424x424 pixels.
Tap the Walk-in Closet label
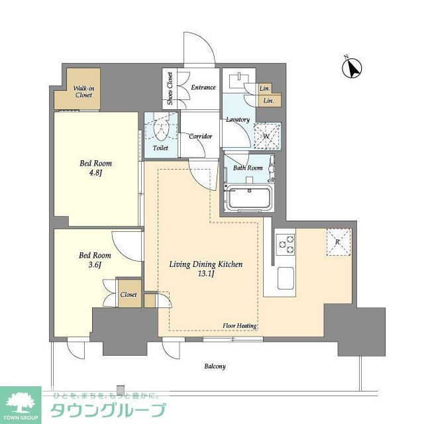(83, 91)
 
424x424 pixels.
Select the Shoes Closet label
(170, 89)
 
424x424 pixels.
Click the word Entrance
(203, 87)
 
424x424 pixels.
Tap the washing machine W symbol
(267, 136)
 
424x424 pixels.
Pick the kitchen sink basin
(286, 276)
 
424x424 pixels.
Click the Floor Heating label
(240, 326)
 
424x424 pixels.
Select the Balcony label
(215, 366)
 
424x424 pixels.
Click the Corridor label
(200, 136)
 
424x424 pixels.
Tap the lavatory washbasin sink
(237, 83)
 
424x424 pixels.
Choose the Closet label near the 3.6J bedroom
(129, 295)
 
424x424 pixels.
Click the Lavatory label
(237, 119)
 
